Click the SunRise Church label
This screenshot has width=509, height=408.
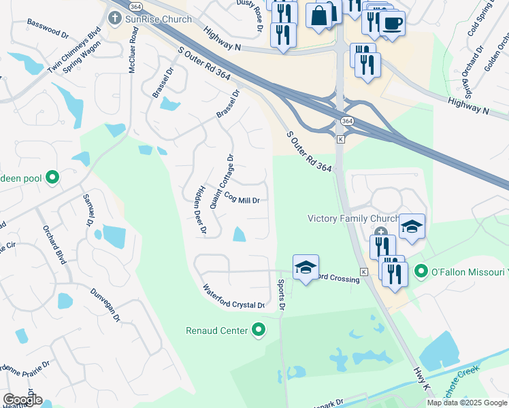[159, 20]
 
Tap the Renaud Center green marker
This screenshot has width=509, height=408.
[258, 331]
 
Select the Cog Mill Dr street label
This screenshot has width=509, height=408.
[238, 199]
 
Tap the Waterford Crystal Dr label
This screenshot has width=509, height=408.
[233, 297]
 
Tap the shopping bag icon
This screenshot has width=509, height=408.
[320, 14]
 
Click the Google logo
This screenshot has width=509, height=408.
[22, 400]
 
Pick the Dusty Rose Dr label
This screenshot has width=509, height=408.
[258, 15]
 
